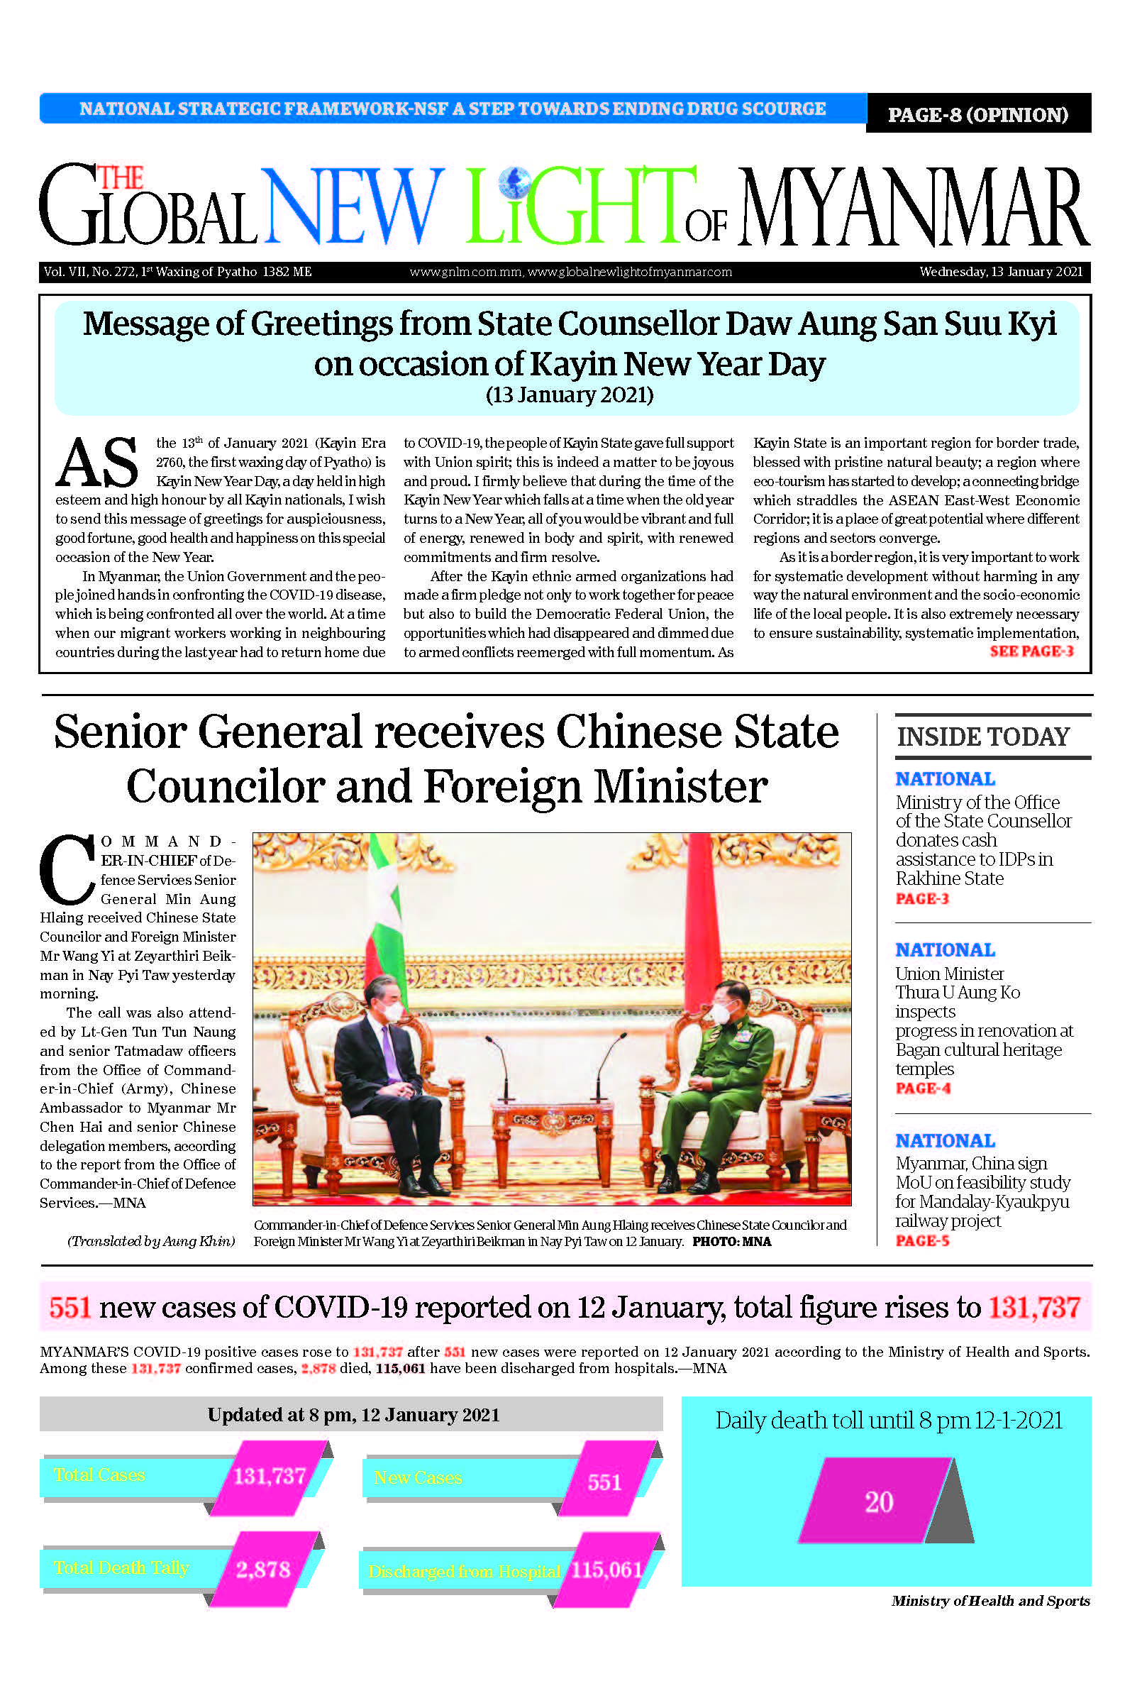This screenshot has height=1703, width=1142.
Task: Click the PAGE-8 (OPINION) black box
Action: tap(977, 114)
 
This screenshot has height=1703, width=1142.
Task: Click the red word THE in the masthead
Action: tap(120, 178)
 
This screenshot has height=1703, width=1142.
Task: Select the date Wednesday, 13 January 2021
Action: tap(1001, 272)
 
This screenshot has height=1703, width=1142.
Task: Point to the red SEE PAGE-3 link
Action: tap(1031, 651)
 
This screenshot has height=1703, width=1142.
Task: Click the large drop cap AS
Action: tap(97, 463)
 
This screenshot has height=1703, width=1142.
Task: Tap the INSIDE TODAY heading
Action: tap(983, 737)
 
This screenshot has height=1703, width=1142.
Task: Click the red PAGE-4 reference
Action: tap(923, 1089)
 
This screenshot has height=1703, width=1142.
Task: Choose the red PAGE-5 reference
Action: tap(923, 1240)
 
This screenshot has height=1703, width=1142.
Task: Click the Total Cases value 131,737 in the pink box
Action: tap(269, 1477)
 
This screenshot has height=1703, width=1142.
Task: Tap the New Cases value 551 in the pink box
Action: tap(604, 1482)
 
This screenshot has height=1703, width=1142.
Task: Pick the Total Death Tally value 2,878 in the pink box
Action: tap(262, 1569)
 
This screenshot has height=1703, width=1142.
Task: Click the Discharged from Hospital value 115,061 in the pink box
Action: tap(606, 1569)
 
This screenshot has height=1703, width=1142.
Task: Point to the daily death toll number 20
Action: tap(878, 1502)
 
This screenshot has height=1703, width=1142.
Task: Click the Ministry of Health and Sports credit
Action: tap(990, 1600)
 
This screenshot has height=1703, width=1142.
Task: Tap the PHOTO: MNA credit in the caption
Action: tap(731, 1241)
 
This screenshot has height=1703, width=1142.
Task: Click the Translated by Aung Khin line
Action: tap(152, 1241)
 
